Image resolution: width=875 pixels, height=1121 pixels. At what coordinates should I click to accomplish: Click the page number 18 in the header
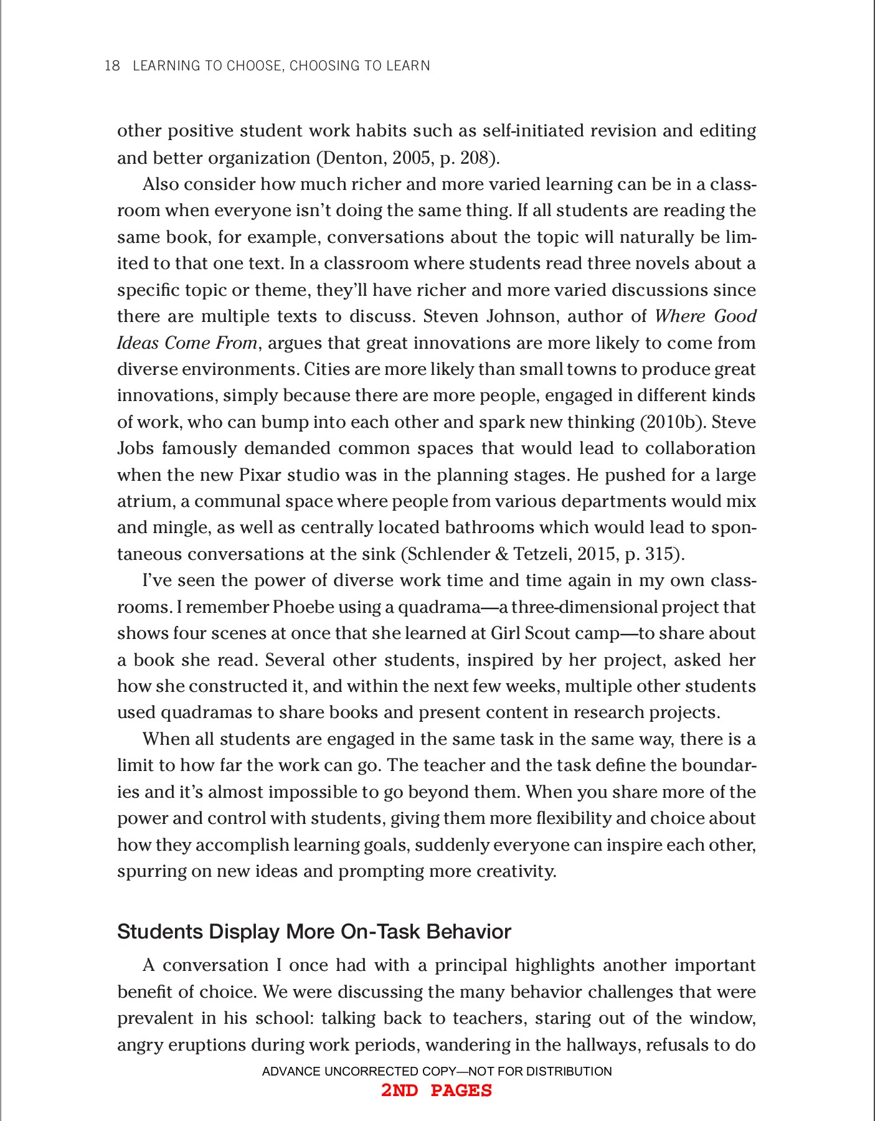click(112, 66)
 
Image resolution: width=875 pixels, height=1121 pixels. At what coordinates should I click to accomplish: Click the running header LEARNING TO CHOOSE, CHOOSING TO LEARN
click(281, 66)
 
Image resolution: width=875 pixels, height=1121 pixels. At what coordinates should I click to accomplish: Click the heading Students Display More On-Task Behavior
click(314, 932)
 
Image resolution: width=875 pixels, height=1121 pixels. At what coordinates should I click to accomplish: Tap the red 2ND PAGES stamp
click(437, 1090)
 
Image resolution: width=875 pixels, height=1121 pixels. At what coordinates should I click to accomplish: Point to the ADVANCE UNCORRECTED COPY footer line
click(437, 1071)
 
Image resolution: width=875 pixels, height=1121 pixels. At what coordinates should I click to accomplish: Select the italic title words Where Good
click(705, 316)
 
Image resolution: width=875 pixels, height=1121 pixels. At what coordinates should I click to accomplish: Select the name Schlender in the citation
click(450, 554)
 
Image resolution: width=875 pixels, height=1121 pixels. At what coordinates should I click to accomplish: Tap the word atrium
click(145, 501)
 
